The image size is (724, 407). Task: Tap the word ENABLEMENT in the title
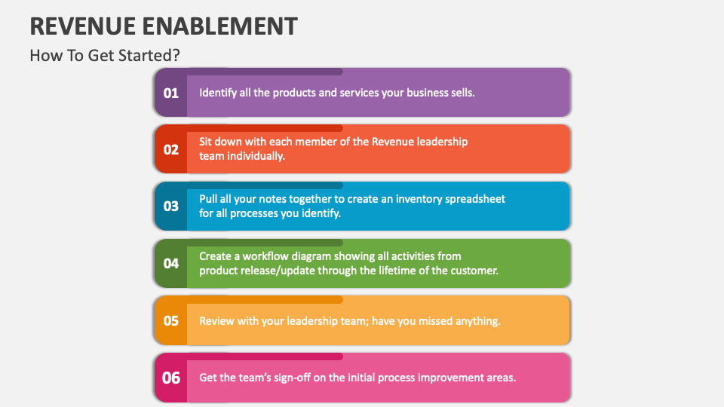[223, 26]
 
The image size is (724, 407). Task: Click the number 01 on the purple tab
[171, 93]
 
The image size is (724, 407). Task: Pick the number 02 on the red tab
[171, 149]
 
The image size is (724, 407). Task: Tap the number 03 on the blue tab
[171, 206]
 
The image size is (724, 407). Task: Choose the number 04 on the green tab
[171, 263]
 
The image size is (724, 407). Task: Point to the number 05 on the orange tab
[171, 320]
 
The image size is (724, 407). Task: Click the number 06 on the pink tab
[171, 378]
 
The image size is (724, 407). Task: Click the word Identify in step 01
[219, 93]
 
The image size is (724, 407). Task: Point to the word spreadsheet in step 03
[474, 199]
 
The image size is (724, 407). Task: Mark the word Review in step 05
[216, 321]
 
